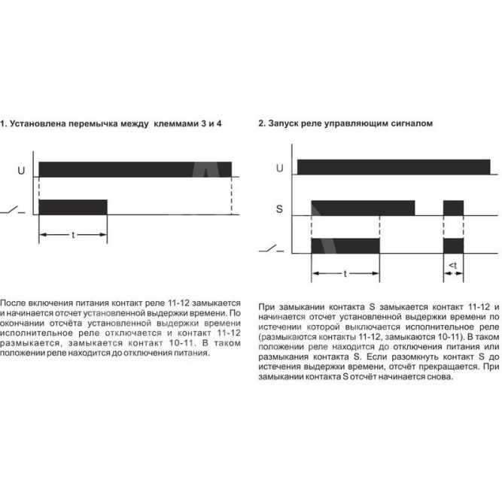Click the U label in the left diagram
coord(21,171)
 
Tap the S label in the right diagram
coord(279,208)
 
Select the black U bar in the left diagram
coord(135,169)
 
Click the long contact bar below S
coord(345,246)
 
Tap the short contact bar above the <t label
coord(453,246)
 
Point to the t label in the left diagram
coord(73,236)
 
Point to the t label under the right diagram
coord(345,275)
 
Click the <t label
coord(452,266)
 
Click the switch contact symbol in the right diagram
coord(272,248)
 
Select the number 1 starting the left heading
coord(3,122)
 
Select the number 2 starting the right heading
coord(260,122)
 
